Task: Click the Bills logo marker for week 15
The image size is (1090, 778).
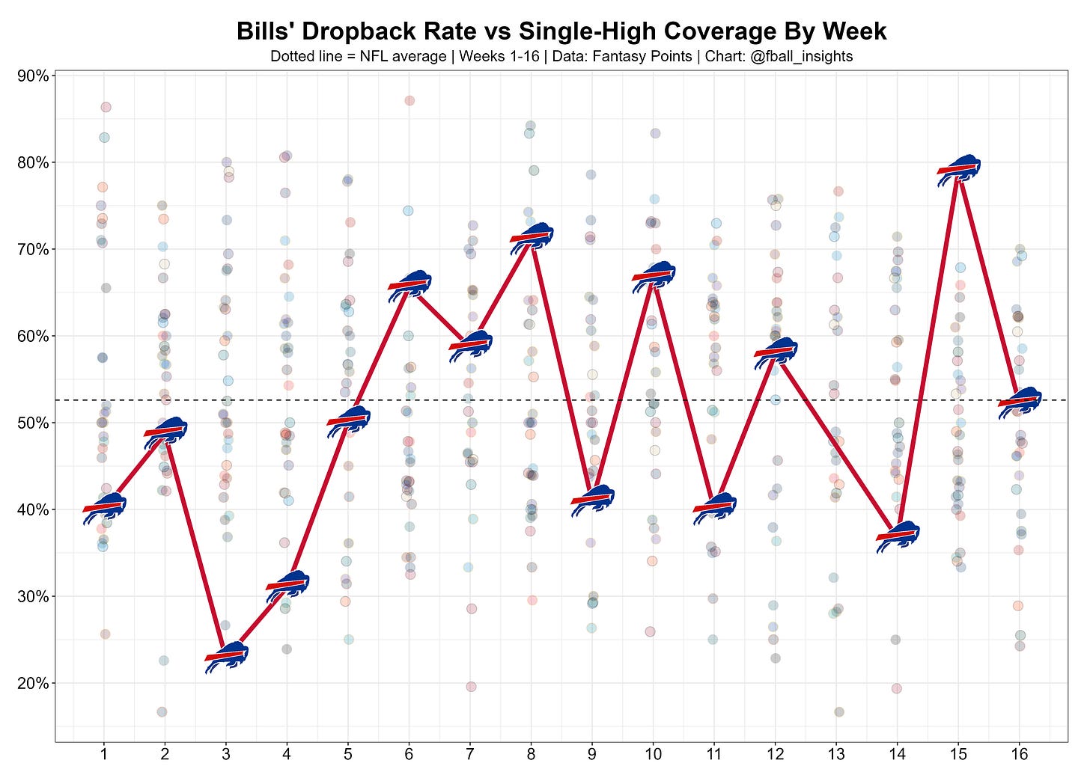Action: coord(958,171)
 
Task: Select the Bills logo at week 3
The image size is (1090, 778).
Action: coord(227,658)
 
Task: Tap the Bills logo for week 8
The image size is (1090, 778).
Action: coord(532,239)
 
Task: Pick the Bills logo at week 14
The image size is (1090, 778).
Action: coord(898,537)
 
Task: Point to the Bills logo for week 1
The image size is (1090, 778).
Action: coord(105,509)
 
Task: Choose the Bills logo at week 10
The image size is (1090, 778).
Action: coord(654,277)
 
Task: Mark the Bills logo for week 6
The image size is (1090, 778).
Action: coord(409,286)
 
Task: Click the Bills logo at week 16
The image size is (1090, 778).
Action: coord(1020,402)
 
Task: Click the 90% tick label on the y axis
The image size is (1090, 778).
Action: coord(33,76)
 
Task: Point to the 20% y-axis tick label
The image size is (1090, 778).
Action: coord(33,683)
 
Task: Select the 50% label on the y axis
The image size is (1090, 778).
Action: coord(33,423)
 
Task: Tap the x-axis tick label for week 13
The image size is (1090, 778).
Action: coord(836,754)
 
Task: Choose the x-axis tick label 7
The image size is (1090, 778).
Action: coord(470,754)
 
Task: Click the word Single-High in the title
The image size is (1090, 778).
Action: coord(588,31)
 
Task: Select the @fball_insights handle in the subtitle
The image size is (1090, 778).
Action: coord(802,56)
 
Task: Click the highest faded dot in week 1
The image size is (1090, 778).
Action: coord(106,107)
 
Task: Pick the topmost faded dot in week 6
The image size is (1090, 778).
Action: coord(409,101)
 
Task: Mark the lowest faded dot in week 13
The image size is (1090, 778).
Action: coord(839,712)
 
